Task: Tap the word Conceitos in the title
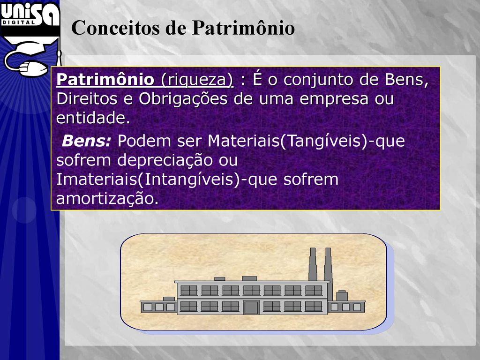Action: tap(116, 28)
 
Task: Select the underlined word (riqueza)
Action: tap(197, 80)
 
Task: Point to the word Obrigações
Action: tap(183, 99)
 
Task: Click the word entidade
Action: tap(93, 118)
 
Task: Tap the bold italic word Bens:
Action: tap(86, 141)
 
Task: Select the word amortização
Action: tap(107, 199)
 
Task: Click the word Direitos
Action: tap(87, 99)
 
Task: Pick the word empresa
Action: tap(334, 99)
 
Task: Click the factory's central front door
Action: tap(251, 307)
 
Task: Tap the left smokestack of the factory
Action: tap(313, 264)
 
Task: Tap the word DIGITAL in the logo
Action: tap(18, 22)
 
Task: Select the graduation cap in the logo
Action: tap(30, 46)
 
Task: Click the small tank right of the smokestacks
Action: tap(342, 295)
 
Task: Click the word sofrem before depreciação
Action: tap(83, 160)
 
